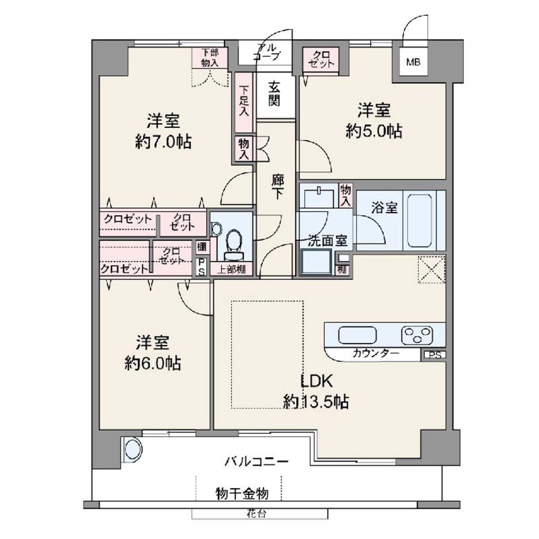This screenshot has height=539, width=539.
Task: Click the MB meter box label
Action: [413, 62]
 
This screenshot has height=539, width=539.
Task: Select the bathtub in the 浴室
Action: [420, 221]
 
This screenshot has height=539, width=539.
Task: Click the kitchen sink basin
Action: [357, 335]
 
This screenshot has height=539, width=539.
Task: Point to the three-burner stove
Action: [417, 335]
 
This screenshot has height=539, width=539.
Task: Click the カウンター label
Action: [376, 353]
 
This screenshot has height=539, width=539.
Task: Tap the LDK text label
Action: [316, 381]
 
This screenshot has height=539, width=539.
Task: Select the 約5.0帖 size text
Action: [374, 131]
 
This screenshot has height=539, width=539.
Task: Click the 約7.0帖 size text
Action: [163, 141]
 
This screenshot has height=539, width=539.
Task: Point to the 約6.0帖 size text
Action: [152, 363]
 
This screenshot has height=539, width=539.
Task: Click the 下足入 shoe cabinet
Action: [244, 103]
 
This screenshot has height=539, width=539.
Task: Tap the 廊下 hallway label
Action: [277, 187]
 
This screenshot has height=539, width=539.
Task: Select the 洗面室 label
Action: [327, 241]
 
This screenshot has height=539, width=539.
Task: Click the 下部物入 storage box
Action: [209, 57]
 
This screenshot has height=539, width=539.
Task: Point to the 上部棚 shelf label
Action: [232, 269]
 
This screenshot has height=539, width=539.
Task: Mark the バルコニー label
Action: [257, 461]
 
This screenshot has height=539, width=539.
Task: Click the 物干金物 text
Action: [242, 494]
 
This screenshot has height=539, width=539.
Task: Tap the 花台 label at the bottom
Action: [256, 514]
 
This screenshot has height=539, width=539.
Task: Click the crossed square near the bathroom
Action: [432, 269]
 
